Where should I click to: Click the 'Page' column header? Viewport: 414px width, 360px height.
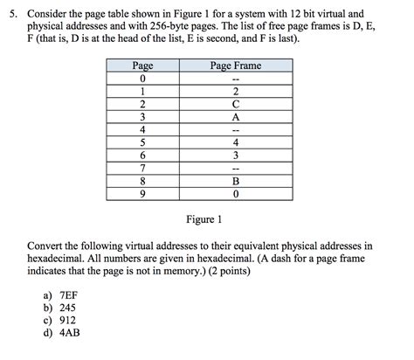coord(141,66)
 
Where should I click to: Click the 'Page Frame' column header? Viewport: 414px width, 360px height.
coord(236,66)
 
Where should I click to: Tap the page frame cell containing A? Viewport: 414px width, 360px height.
coord(236,116)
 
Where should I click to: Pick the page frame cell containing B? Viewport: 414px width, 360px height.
coord(236,181)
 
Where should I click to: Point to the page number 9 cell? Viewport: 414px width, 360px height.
coord(141,193)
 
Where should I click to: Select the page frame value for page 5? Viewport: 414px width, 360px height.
coord(236,142)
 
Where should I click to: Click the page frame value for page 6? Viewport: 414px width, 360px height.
coord(236,155)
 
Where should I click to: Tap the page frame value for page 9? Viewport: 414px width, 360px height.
coord(236,193)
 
